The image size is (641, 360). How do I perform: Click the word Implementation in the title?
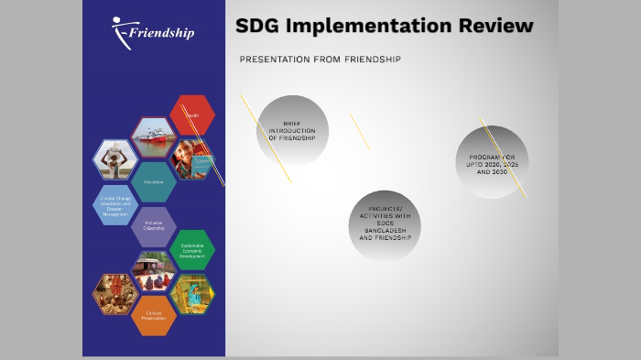[x=376, y=27]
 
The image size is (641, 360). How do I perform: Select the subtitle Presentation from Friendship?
[x=320, y=60]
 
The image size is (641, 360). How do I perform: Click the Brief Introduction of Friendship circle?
[x=292, y=131]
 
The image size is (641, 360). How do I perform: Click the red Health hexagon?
[x=192, y=115]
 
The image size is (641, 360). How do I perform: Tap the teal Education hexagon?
[x=154, y=181]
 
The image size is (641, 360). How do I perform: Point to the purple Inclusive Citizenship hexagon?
[x=154, y=227]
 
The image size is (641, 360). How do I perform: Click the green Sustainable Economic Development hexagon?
[x=192, y=250]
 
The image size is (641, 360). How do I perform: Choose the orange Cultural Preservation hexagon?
[x=154, y=316]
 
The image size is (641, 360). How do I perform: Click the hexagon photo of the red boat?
[x=154, y=137]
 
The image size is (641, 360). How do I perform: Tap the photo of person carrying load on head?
[x=116, y=159]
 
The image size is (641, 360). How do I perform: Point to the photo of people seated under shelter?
[x=154, y=272]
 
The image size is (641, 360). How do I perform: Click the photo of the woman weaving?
[x=192, y=294]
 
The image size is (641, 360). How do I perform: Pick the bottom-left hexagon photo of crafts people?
[x=116, y=294]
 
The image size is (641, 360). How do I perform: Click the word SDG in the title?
[x=257, y=27]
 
